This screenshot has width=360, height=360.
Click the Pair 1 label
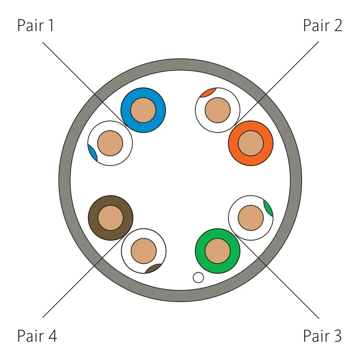(x=36, y=26)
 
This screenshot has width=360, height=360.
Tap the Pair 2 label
(x=323, y=26)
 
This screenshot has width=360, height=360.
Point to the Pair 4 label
(x=37, y=336)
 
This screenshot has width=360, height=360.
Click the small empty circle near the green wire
(x=198, y=278)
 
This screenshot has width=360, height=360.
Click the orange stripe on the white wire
(x=207, y=93)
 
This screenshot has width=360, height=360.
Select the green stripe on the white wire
(x=268, y=208)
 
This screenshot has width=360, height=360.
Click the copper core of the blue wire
(x=143, y=110)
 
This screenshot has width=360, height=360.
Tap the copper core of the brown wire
(x=111, y=218)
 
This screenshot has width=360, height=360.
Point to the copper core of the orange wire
(x=251, y=143)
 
